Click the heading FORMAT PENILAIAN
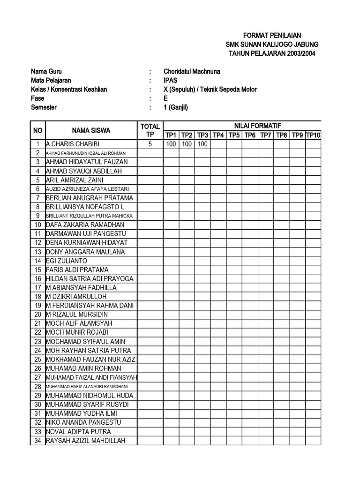[x=272, y=35]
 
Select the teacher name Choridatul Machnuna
[x=192, y=71]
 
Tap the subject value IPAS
[x=171, y=80]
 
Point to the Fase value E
[x=166, y=98]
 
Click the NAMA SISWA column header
[x=91, y=130]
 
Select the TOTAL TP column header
[x=150, y=130]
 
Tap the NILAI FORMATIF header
[x=241, y=125]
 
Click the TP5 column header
[x=234, y=135]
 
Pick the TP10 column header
[x=313, y=135]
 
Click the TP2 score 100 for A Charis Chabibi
[x=187, y=144]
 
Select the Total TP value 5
[x=150, y=144]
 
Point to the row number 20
[x=38, y=315]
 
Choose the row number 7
[x=38, y=198]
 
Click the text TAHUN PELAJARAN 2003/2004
[x=272, y=53]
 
